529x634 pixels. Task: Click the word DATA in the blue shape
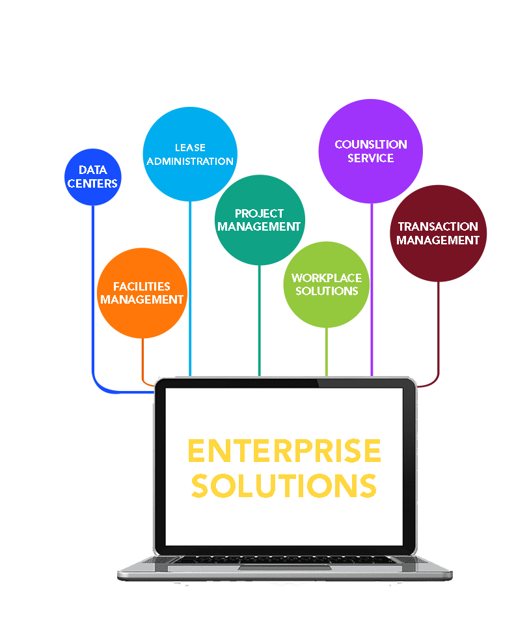(x=93, y=171)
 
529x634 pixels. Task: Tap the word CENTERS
(x=93, y=184)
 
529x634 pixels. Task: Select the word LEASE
(x=190, y=148)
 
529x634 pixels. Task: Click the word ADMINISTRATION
(x=190, y=161)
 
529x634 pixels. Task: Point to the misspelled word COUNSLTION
(x=371, y=145)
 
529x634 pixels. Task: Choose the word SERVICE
(x=371, y=158)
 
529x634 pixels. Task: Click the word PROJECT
(x=259, y=214)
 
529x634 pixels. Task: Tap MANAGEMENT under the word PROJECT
(x=259, y=227)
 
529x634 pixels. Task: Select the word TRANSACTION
(x=438, y=227)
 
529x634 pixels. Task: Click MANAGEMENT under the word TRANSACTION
(x=438, y=240)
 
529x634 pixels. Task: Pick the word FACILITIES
(x=142, y=287)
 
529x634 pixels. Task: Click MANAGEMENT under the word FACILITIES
(x=142, y=300)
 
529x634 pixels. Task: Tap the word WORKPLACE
(x=327, y=278)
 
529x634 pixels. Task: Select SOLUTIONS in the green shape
(x=327, y=291)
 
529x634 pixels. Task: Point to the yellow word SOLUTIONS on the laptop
(x=284, y=485)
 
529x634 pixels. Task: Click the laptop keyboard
(x=285, y=560)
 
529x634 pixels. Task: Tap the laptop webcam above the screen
(x=285, y=382)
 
